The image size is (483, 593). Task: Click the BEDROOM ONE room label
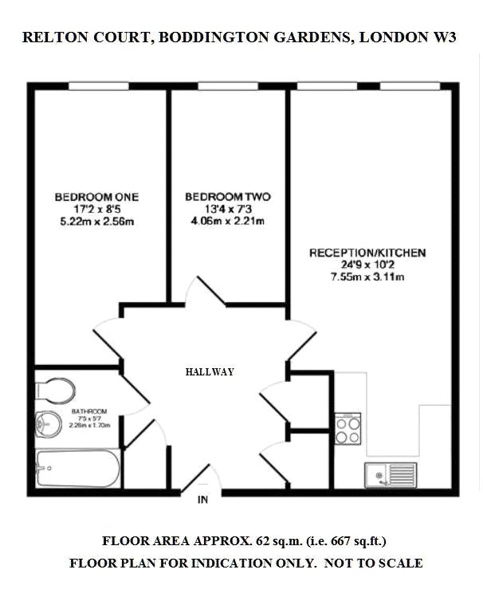[x=96, y=197]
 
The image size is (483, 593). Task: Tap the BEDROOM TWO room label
[x=228, y=197]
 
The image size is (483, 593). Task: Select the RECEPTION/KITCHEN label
[x=367, y=253]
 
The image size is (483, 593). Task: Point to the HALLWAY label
[x=210, y=371]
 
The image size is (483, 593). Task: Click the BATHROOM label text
[x=89, y=411]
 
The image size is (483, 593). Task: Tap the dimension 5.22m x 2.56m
[x=97, y=222]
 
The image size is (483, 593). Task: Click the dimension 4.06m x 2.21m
[x=228, y=221]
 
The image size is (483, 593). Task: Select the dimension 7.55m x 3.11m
[x=367, y=277]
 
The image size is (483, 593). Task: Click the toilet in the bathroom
[x=55, y=391]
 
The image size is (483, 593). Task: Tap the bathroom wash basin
[x=49, y=424]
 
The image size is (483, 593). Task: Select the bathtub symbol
[x=77, y=468]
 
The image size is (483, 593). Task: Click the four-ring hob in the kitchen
[x=348, y=429]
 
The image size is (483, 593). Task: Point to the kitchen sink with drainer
[x=391, y=475]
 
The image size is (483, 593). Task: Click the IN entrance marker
[x=202, y=500]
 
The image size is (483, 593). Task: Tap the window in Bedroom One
[x=99, y=86]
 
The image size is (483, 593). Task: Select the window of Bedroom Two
[x=228, y=86]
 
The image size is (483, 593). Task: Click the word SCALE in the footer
[x=402, y=564]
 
